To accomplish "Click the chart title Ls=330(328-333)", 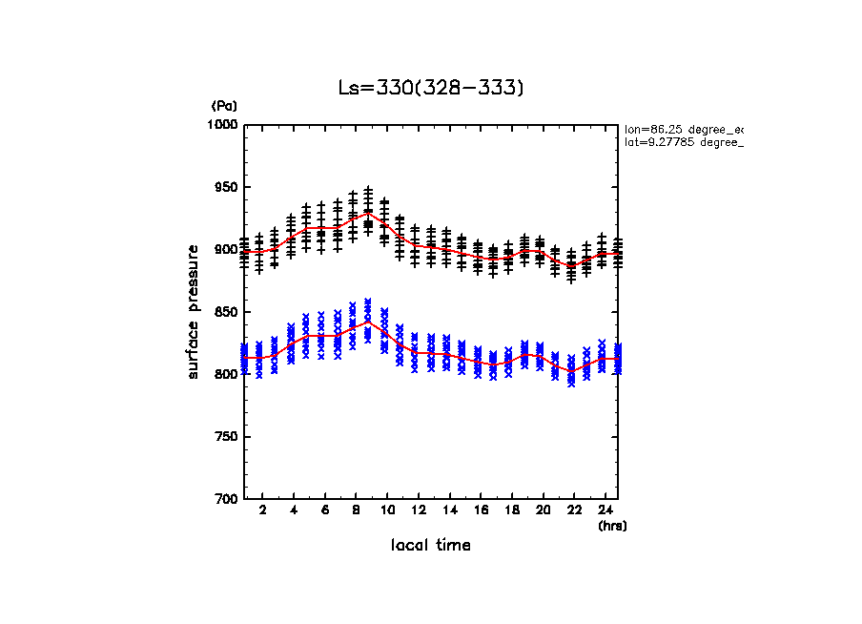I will coord(431,88).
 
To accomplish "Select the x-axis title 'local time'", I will coord(431,546).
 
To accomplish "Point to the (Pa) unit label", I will coord(224,106).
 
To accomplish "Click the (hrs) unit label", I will coord(611,525).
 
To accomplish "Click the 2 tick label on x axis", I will coord(261,510).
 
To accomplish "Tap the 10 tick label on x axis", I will coord(387,510).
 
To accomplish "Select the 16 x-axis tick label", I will coord(481,510).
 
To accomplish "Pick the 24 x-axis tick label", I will coord(605,510).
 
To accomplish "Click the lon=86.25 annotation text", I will coord(683,128).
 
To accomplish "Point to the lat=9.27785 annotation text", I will coord(683,142).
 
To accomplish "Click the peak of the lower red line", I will coord(369,322).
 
